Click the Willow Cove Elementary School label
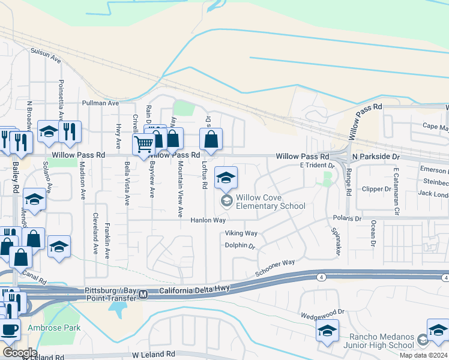click(270, 202)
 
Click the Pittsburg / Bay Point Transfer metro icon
click(143, 295)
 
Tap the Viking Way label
click(241, 233)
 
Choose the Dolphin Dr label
click(240, 246)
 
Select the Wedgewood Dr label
click(323, 312)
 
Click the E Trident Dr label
click(316, 165)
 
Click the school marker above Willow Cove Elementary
click(226, 178)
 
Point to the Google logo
click(20, 353)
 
